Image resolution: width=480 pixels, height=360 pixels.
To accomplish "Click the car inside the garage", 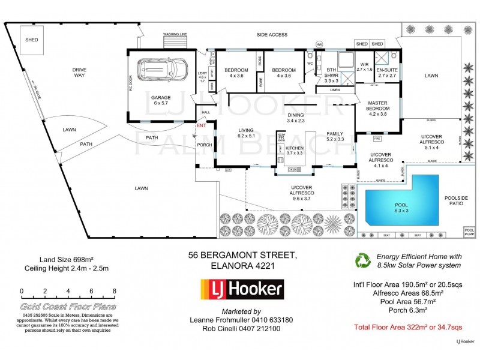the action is tap(155, 70).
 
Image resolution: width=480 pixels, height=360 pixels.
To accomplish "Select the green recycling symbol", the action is tap(364, 260).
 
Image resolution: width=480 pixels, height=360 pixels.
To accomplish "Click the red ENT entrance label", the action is tap(201, 126).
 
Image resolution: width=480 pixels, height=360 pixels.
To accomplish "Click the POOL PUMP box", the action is tap(469, 231).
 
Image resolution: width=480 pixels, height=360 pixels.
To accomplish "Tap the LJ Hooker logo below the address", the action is tap(241, 290).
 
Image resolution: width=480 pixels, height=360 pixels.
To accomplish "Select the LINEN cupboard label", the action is tap(335, 90).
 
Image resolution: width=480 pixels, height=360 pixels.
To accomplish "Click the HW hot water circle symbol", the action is tap(319, 44).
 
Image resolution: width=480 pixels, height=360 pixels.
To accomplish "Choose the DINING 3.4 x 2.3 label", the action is tap(296, 118).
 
